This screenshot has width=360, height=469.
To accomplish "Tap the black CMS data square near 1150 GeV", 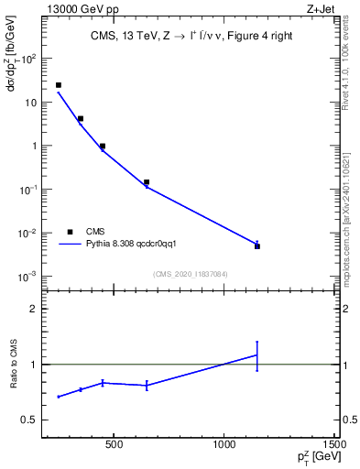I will (257, 246).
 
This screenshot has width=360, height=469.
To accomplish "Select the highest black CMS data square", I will (59, 85).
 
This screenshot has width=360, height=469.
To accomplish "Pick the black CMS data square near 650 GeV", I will (147, 182).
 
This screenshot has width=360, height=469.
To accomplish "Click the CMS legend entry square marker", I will (70, 232).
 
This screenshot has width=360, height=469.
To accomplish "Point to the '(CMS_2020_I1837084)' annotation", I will (191, 274).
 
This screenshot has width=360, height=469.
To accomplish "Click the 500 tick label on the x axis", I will (114, 446).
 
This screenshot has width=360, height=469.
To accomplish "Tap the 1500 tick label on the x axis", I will (335, 446).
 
